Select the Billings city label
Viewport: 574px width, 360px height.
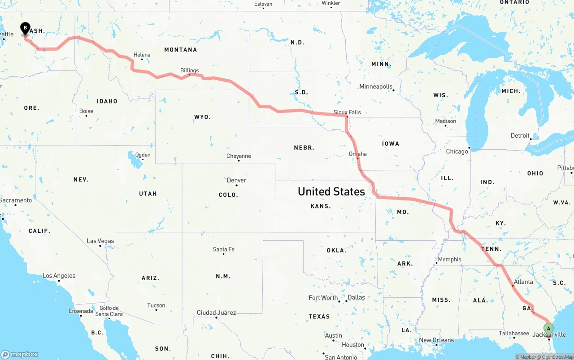coord(189,70)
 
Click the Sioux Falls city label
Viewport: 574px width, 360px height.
coord(347,112)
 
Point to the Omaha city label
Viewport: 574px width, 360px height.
coord(358,154)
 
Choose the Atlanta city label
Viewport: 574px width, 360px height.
coord(523,282)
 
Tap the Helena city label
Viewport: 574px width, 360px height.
coord(142,55)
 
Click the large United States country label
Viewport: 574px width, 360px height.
coord(331,191)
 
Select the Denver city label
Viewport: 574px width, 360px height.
coord(236,180)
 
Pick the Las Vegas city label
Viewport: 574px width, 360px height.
coord(100,241)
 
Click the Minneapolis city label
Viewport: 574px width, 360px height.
coord(376,87)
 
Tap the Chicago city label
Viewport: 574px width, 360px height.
coord(457,152)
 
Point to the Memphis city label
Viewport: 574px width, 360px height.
coord(449,259)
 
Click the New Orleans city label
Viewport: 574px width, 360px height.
coord(436,340)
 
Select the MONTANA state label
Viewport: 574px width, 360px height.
coord(181,50)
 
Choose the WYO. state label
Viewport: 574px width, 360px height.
coord(202,117)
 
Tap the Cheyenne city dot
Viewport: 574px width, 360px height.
coord(239,160)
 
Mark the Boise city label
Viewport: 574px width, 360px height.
coord(86,111)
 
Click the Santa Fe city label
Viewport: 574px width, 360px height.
coord(224,249)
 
